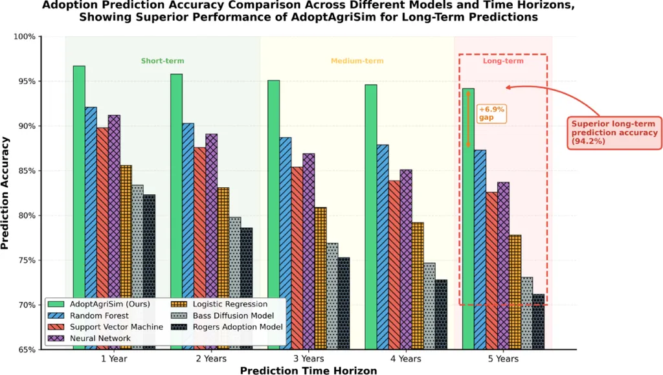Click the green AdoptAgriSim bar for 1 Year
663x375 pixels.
click(79, 181)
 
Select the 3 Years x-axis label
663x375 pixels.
click(309, 358)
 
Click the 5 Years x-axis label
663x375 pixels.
click(503, 358)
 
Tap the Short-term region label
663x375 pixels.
click(163, 61)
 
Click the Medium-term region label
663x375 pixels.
click(357, 61)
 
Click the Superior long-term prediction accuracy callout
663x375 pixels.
click(612, 133)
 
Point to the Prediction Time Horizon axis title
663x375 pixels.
click(308, 370)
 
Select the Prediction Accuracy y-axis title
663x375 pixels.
click(6, 192)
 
